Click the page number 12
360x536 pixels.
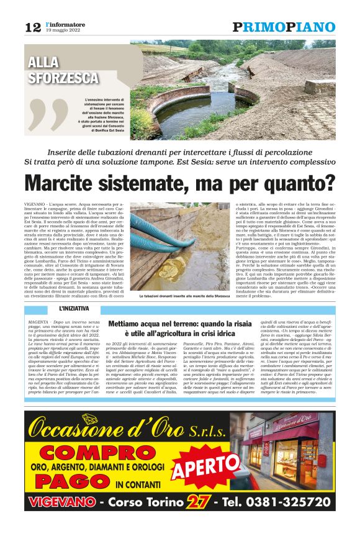(x=33, y=27)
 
